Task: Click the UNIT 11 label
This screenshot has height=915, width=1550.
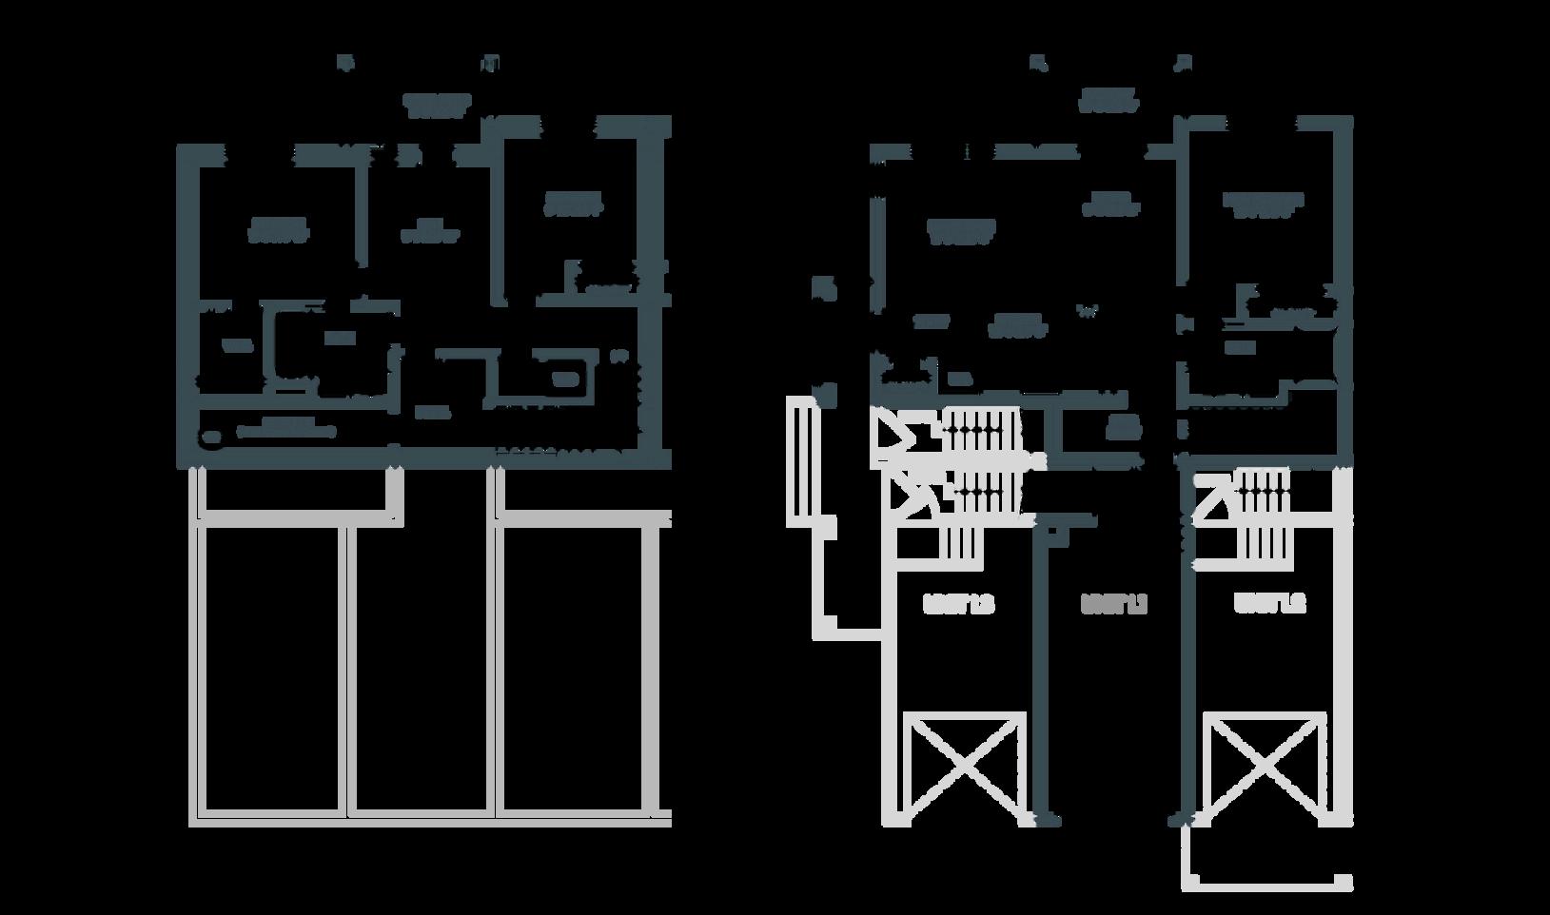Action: [1113, 604]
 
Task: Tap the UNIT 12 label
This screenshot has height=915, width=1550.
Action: [1269, 604]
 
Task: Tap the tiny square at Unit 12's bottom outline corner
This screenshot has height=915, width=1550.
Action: [1344, 882]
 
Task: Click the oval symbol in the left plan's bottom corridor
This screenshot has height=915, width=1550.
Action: [210, 437]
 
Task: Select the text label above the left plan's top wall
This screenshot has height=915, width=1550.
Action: [437, 105]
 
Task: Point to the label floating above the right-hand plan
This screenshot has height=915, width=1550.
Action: [1109, 101]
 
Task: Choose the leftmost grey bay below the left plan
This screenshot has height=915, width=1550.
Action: [271, 666]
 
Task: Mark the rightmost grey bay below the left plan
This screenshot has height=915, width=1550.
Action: [576, 666]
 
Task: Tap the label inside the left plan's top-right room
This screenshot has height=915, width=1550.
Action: [573, 204]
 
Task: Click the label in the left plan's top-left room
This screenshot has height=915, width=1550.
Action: [279, 230]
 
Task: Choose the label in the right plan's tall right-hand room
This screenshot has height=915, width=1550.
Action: [1263, 205]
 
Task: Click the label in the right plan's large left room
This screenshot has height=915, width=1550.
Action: [962, 232]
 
